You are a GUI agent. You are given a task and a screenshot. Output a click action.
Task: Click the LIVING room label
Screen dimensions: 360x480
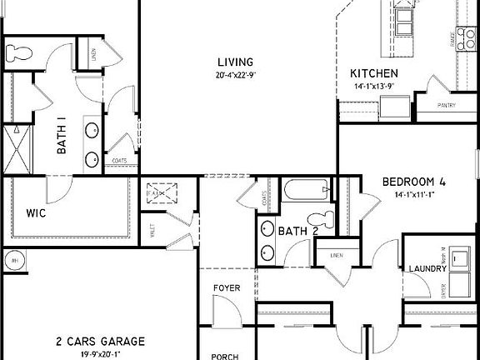tap(235, 62)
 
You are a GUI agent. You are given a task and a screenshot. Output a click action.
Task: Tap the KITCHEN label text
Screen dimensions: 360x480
tap(373, 73)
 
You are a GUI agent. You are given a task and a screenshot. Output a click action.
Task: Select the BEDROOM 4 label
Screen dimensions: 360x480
tap(414, 182)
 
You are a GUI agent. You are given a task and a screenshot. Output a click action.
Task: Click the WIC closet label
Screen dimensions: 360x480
tap(36, 213)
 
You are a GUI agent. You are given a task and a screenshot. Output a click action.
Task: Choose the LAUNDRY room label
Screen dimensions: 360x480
tap(428, 268)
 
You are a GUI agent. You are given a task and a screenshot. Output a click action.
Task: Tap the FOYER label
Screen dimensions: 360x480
tap(227, 288)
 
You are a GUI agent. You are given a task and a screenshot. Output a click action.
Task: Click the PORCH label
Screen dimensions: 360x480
tap(225, 356)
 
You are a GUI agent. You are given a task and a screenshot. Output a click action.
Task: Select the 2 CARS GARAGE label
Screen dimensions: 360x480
tap(100, 342)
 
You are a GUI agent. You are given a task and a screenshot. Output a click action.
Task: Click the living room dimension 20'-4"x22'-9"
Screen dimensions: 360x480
tap(234, 75)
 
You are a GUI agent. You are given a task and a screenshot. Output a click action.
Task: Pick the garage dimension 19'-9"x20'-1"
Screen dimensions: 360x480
tap(100, 353)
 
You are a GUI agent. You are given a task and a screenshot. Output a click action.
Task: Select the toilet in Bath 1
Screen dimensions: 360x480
tap(18, 52)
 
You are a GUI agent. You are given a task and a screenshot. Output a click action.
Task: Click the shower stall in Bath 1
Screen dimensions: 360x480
tap(16, 148)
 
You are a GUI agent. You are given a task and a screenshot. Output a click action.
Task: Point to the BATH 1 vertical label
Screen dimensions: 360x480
tap(62, 137)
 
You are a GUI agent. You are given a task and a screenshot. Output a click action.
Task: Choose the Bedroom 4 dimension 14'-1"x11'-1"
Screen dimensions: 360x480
tap(415, 194)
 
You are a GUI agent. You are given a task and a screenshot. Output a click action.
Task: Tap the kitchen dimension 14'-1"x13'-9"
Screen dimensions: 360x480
tap(372, 86)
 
